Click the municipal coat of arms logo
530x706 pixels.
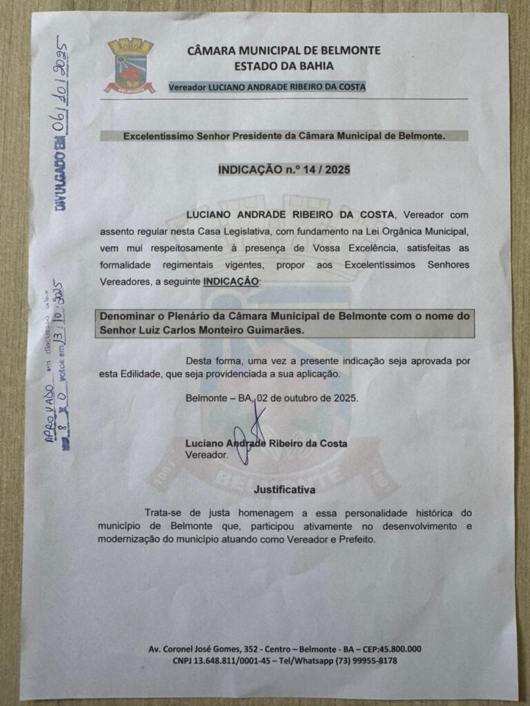pos(129,67)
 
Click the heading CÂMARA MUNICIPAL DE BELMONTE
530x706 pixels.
pos(284,50)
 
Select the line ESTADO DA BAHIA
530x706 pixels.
pos(284,66)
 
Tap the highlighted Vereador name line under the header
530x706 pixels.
pos(268,87)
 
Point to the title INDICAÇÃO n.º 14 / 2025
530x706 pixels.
pos(283,169)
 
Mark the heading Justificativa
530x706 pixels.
pos(285,490)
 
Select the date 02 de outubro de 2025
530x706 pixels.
pos(310,399)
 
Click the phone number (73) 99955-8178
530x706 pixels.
pos(360,660)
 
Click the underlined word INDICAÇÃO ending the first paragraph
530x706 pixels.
pos(231,281)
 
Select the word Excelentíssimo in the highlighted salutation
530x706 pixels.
pos(158,137)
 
